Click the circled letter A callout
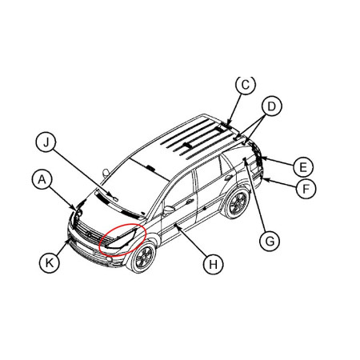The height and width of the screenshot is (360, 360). tap(42, 180)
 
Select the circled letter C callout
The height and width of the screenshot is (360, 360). tap(246, 85)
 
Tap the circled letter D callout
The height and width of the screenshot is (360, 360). tap(271, 106)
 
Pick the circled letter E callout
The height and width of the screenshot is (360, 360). tap(303, 167)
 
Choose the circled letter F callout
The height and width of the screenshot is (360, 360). tap(306, 189)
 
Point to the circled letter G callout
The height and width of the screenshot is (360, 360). tap(270, 242)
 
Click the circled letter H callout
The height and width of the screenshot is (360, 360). tap(213, 264)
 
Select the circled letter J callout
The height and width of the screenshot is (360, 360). tap(46, 142)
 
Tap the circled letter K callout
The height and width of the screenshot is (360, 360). tap(50, 263)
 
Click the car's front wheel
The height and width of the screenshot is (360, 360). tap(144, 257)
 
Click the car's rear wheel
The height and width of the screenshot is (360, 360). tap(237, 203)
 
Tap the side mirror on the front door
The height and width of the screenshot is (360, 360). tap(169, 210)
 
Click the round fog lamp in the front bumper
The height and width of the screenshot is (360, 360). tap(109, 259)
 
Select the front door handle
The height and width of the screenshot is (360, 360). tap(190, 202)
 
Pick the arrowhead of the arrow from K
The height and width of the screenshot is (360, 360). tap(68, 241)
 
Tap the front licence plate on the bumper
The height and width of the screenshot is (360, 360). tap(84, 247)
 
